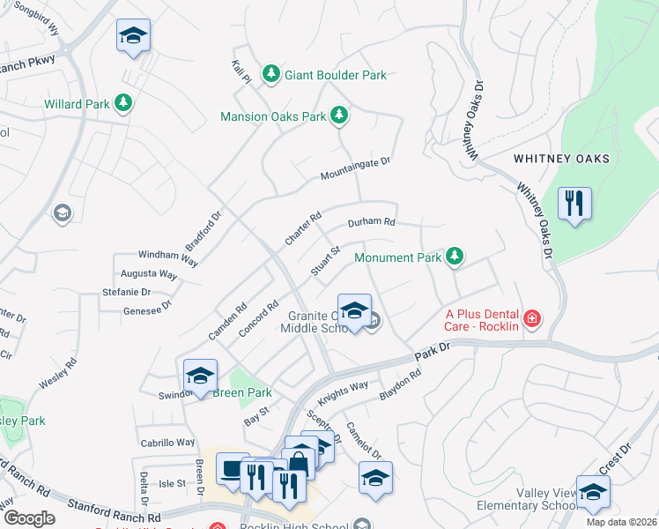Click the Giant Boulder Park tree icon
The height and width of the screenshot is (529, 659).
(x=272, y=75)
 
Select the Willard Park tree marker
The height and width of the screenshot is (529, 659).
(x=123, y=104)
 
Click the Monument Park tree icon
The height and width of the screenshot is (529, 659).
(x=455, y=257)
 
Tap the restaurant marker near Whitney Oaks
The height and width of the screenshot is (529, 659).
(x=574, y=205)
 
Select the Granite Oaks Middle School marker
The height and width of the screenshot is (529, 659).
(x=354, y=310)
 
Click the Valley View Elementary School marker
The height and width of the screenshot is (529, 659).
(x=593, y=494)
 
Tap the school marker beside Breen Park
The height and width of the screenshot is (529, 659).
(x=200, y=376)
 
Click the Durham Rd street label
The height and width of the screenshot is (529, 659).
(x=371, y=223)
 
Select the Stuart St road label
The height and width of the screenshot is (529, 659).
(x=325, y=262)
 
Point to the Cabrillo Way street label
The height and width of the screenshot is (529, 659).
(x=167, y=442)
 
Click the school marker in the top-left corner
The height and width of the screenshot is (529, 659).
(x=133, y=36)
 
